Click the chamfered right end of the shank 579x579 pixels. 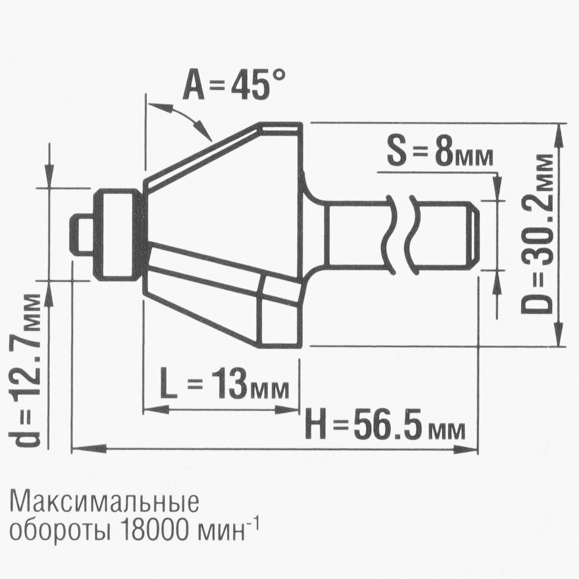[472, 235]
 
